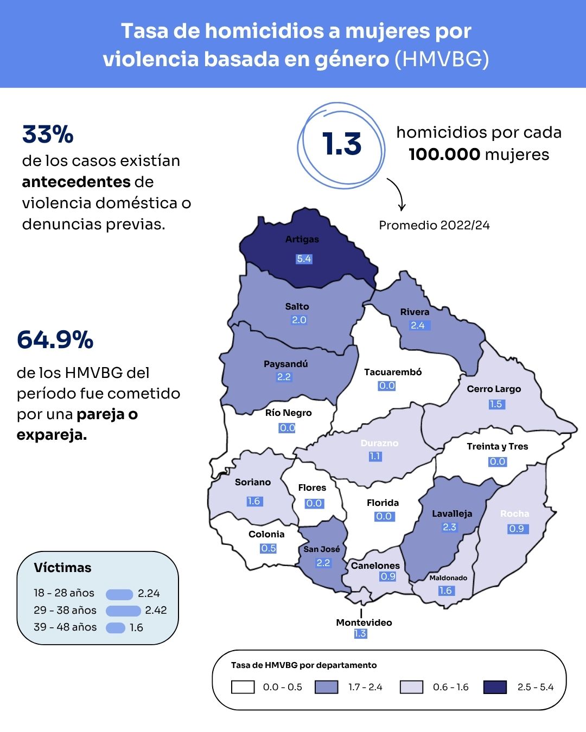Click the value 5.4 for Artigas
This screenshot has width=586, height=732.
tap(304, 259)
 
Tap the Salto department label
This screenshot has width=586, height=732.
tap(297, 306)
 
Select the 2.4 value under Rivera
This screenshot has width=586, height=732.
tap(417, 325)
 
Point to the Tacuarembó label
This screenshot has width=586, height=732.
tap(392, 372)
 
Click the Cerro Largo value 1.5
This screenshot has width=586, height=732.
tap(495, 404)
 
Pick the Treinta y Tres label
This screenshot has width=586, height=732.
tap(497, 446)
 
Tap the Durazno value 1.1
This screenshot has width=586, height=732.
tap(375, 457)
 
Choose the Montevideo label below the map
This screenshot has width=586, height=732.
tap(364, 622)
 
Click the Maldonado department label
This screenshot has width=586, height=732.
tap(448, 578)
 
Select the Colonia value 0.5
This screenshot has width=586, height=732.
tap(268, 548)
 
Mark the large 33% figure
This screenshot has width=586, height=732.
tap(48, 134)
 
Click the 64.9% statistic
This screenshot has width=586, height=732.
tap(55, 340)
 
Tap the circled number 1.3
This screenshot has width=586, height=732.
tap(342, 144)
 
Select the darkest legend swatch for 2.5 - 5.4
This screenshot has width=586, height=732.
tap(494, 687)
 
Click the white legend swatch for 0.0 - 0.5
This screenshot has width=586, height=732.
tap(243, 687)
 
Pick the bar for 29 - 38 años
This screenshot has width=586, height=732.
tap(123, 611)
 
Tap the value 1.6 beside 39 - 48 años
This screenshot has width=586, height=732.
tap(136, 628)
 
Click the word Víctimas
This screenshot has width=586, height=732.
tap(62, 568)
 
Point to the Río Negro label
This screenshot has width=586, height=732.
tap(288, 413)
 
